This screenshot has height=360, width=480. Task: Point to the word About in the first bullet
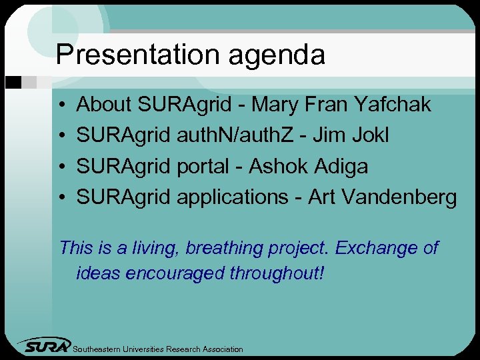pos(104,105)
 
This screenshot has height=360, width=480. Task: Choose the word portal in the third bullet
pos(203,167)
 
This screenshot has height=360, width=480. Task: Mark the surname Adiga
pos(341,166)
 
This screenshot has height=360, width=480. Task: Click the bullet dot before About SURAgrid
pos(61,105)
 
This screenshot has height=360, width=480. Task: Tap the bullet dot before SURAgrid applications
pos(61,198)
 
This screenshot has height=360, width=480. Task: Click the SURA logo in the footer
pos(45,345)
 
